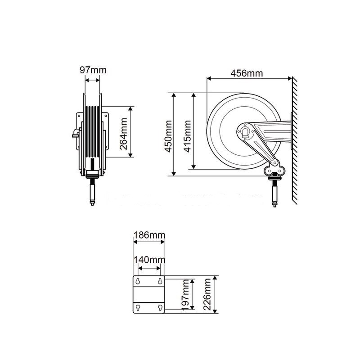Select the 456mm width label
[x=247, y=73]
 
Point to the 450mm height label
[x=168, y=135]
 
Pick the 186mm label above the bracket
[x=149, y=235]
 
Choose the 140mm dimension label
[x=149, y=260]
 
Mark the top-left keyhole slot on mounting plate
[x=137, y=282]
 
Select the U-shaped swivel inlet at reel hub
[x=245, y=131]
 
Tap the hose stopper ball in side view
[x=274, y=178]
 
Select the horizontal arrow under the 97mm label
[x=92, y=81]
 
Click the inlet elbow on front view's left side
[x=73, y=133]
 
